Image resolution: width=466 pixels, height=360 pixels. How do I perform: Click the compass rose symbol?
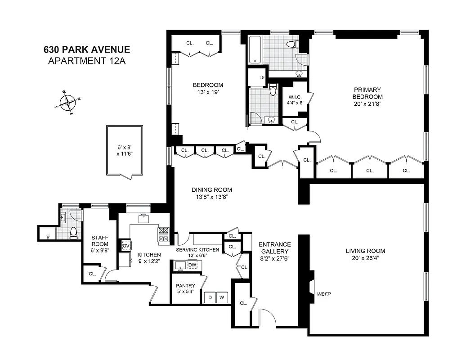click(x=68, y=102)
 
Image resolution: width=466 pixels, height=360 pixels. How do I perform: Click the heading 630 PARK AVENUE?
click(x=86, y=49)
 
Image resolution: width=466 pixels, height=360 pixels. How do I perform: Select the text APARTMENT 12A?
click(x=86, y=61)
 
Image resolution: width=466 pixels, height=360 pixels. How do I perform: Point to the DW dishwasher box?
click(x=192, y=265)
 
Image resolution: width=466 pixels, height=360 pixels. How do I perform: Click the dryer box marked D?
click(x=210, y=297)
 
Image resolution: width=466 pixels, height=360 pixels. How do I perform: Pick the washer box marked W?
click(x=221, y=297)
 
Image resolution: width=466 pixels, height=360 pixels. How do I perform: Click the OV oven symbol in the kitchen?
click(x=126, y=246)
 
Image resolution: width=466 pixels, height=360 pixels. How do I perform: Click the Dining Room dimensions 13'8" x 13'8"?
click(x=211, y=197)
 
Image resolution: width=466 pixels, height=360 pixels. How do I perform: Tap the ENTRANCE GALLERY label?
click(x=274, y=248)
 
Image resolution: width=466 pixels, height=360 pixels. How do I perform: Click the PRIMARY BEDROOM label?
click(x=367, y=93)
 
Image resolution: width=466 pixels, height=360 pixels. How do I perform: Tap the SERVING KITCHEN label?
click(x=197, y=250)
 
